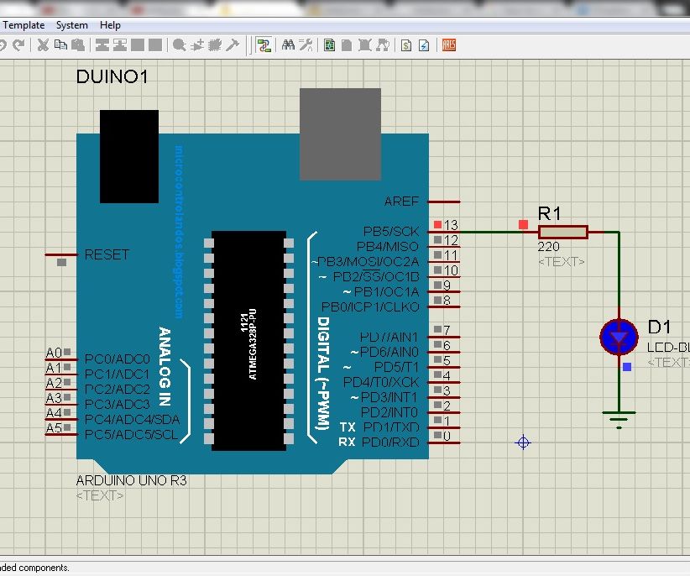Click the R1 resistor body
(x=562, y=232)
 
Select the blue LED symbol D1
(x=619, y=337)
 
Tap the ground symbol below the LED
(x=619, y=418)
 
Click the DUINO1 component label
(x=112, y=77)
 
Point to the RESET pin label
(x=107, y=254)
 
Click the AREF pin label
(x=400, y=202)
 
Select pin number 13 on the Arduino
(x=451, y=225)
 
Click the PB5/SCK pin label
(x=390, y=231)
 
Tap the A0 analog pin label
(x=54, y=353)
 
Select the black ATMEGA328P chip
(x=249, y=340)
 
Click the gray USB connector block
(x=340, y=134)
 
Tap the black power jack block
(x=128, y=156)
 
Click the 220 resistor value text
(x=548, y=248)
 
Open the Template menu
(x=24, y=25)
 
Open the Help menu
(x=110, y=25)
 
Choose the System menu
(x=72, y=25)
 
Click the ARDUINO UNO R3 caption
(x=131, y=481)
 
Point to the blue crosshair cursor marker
(x=523, y=442)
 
